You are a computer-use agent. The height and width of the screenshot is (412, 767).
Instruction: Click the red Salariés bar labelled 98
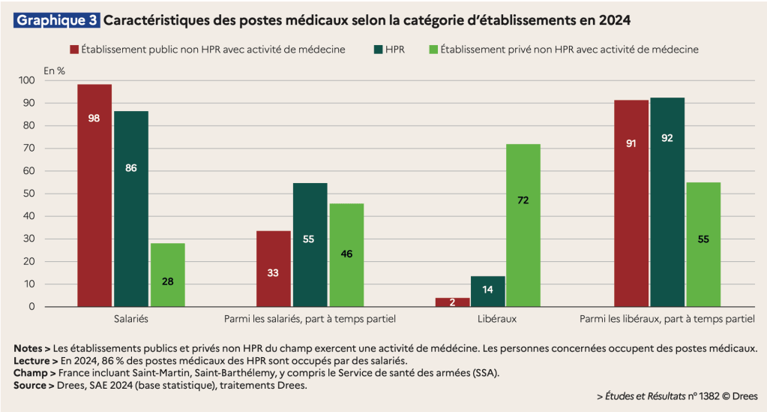coord(94,195)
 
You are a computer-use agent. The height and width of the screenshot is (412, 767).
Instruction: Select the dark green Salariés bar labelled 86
coord(131,209)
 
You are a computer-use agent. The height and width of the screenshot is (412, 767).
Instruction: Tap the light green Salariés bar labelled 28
coord(168,275)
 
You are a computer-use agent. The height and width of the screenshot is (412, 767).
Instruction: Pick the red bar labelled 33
coord(274,269)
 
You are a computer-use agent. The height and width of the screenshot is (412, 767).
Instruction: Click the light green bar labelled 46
coord(347,254)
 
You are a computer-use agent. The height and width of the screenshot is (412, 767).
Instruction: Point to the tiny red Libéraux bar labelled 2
coord(452,302)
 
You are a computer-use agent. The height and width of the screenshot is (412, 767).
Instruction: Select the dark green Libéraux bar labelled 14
coord(487,291)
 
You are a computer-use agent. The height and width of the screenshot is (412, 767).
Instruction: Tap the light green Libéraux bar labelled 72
coord(523,225)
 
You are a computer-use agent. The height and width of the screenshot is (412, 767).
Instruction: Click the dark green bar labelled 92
coord(667,202)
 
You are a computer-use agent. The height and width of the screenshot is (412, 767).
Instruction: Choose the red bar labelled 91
coord(631,203)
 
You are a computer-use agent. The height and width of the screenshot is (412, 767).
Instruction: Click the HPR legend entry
coord(389,50)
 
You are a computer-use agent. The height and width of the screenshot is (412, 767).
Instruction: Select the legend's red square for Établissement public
coord(74,50)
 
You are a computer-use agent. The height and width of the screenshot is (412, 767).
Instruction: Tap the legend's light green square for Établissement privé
coord(433,50)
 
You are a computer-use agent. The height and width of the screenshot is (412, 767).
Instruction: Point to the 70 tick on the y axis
coord(29,148)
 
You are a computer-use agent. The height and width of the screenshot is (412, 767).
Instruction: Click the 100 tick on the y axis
coord(27,80)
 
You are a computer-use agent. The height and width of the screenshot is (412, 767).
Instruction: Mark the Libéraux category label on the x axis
coord(497,319)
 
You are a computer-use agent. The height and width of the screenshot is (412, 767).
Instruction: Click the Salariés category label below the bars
coord(131,319)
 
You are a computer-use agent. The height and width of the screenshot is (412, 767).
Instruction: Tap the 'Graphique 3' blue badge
coord(57,20)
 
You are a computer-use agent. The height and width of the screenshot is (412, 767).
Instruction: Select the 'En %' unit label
coord(54,71)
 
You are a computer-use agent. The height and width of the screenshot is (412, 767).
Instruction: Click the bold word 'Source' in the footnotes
coord(29,386)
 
